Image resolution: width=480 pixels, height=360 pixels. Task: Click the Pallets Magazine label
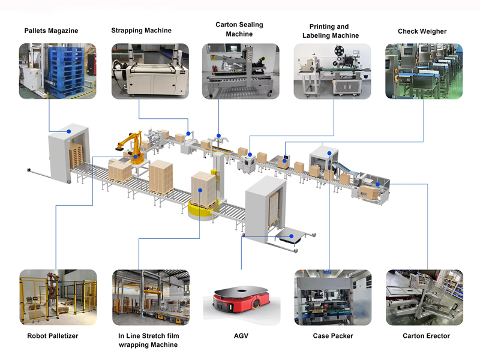pos(51,31)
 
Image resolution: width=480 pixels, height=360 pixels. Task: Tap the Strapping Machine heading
pos(141,31)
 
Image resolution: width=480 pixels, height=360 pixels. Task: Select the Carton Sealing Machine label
pos(239,29)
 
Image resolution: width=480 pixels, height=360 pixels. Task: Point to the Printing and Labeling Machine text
pos(329,31)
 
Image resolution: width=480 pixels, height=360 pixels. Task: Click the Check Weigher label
pos(422,31)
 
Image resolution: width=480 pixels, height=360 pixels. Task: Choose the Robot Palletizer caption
pos(53,336)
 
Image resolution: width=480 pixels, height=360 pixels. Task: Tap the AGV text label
pos(240,336)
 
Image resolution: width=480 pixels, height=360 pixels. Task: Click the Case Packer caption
pos(333,336)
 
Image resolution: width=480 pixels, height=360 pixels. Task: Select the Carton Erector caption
pos(426,336)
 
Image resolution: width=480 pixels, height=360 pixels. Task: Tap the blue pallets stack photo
pos(58,71)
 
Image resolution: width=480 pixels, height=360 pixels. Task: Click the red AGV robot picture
pos(240,304)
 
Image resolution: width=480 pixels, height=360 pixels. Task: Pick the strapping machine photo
pos(149,71)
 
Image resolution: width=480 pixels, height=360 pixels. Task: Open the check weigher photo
pos(424,71)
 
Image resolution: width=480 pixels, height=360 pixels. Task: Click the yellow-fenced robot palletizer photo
pos(58,298)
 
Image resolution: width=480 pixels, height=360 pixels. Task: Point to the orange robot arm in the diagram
pos(130,144)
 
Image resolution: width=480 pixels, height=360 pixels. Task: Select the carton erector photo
pos(424,298)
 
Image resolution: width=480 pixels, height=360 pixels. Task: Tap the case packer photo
pos(332,298)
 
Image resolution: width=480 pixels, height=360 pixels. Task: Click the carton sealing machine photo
pos(240,71)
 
